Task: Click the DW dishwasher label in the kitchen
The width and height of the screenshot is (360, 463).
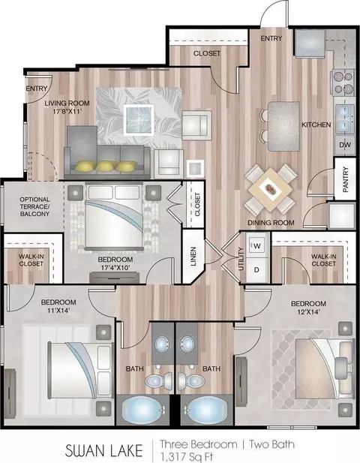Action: pos(345,145)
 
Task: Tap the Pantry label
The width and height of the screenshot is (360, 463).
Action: pos(346,179)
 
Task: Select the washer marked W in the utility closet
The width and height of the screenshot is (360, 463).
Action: pos(257,245)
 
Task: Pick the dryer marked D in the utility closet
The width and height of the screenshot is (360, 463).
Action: pos(256,269)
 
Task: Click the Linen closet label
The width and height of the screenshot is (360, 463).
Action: pos(193,257)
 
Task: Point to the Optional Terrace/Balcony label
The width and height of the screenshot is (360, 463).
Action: pos(34,206)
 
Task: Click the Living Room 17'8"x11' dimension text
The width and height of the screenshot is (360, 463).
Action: pos(67,107)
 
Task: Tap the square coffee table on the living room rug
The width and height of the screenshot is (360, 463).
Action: pos(139,119)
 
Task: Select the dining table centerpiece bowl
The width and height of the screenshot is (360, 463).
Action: pos(270,188)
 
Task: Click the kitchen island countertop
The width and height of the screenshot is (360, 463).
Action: pos(283,126)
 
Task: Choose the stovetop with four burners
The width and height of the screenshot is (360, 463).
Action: pos(343,83)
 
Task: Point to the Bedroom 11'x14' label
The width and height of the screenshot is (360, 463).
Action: pos(58,306)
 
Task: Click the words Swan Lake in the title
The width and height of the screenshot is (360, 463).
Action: pos(103,451)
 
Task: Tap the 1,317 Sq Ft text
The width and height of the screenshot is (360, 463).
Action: pos(187,457)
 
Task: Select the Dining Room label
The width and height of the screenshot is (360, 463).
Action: pos(271,223)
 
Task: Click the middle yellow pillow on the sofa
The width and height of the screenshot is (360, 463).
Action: pos(105,167)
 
